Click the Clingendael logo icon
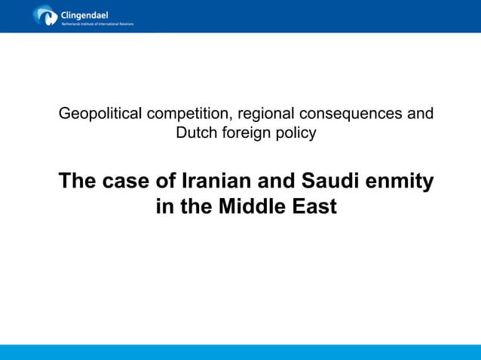(x=44, y=15)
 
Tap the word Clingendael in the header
(x=84, y=13)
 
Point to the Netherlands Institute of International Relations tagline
(x=97, y=23)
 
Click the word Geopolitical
(x=101, y=114)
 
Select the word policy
(x=296, y=133)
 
